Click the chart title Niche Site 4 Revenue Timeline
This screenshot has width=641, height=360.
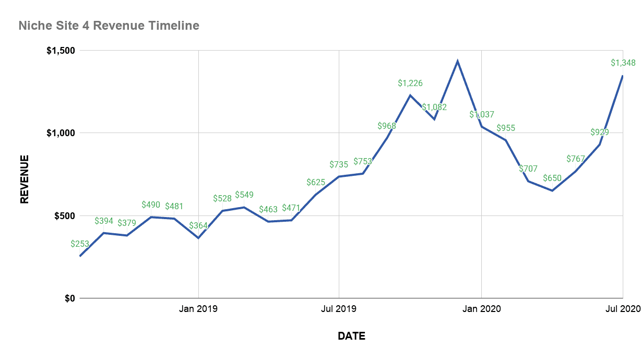coord(109,25)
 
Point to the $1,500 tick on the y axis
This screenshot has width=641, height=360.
coord(61,51)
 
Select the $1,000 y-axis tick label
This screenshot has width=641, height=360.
coord(61,133)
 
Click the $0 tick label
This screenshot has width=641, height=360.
coord(70,298)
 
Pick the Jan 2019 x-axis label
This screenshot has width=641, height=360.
coord(198,309)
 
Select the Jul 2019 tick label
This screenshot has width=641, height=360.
coord(339,309)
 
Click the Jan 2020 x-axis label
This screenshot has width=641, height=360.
coord(481,309)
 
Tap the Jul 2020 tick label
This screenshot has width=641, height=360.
coord(623,309)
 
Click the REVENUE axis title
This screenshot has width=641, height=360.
coord(24,178)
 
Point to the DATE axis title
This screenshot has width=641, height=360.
coord(351,336)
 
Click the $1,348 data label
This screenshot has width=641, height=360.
coord(623,63)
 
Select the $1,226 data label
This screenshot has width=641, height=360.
coord(410,83)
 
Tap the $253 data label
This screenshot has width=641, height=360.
coord(80,244)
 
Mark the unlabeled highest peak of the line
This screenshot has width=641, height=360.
coord(457,61)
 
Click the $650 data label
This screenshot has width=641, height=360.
coord(552,178)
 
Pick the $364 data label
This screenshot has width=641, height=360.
coord(198,226)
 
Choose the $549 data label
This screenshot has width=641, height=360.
coord(244,195)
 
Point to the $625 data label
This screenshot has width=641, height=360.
coord(316,183)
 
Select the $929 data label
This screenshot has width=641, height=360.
coord(599,132)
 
